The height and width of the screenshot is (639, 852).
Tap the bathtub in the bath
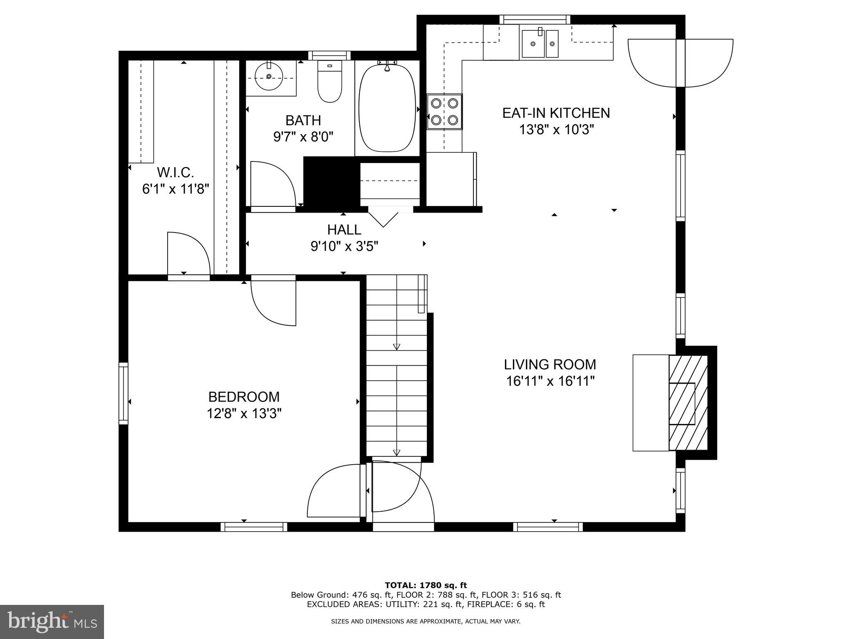click(x=387, y=108)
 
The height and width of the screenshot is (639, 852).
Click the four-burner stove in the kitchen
click(x=445, y=111)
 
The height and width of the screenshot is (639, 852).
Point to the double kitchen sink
click(x=540, y=43)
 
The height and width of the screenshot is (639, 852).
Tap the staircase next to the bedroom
click(x=396, y=366)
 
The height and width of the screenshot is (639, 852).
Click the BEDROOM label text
click(x=244, y=397)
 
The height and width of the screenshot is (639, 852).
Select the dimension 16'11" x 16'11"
click(x=550, y=381)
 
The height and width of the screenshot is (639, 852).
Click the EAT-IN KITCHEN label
click(x=556, y=113)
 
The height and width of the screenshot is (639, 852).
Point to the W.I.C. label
click(x=175, y=172)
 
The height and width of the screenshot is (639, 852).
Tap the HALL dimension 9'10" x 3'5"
click(x=344, y=247)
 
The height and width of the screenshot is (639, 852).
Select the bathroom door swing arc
click(x=272, y=183)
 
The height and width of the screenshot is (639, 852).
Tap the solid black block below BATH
click(x=332, y=182)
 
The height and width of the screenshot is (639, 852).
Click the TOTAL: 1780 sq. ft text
click(x=426, y=585)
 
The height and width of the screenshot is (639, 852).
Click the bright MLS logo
click(x=52, y=622)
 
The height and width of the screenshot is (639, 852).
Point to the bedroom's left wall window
click(x=124, y=393)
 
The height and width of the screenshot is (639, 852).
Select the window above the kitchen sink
click(x=535, y=20)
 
